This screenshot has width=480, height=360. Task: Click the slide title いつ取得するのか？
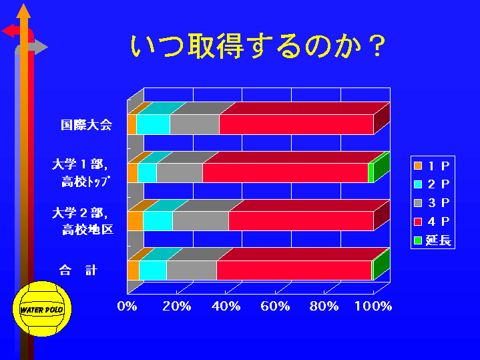[x=258, y=46]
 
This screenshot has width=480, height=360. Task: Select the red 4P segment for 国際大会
[x=296, y=124]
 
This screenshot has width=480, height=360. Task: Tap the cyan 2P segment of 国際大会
[x=153, y=124]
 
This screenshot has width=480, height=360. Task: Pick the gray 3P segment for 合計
[x=192, y=271]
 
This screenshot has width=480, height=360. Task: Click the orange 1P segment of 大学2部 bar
[x=135, y=221]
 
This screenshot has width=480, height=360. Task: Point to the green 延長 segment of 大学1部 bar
[x=371, y=173]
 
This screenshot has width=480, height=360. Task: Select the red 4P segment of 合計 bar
[x=294, y=271]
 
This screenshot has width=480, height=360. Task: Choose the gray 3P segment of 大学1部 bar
[x=180, y=173]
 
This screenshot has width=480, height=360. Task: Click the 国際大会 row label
[x=86, y=125]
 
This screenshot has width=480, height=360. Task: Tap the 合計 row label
[x=78, y=271]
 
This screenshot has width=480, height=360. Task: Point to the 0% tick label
[x=127, y=306]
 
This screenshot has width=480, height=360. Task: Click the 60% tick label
[x=275, y=306]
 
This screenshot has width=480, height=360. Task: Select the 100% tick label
[x=373, y=306]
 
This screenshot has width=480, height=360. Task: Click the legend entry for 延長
[x=433, y=240]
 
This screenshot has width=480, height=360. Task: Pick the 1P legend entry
[x=432, y=166]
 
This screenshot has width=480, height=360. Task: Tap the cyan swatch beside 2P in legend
[x=418, y=184]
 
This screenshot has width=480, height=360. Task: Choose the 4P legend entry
[x=432, y=222]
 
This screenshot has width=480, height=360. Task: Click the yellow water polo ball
[x=42, y=309]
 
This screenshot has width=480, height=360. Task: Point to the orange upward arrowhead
[x=23, y=11]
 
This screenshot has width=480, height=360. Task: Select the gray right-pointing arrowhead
[x=41, y=47]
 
